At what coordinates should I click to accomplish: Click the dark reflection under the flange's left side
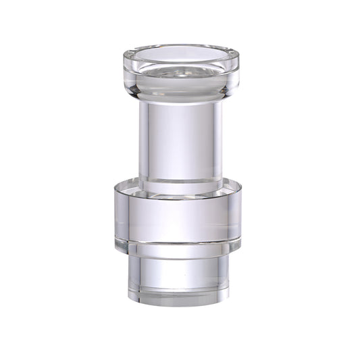[x=135, y=88]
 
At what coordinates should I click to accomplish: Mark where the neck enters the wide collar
[x=180, y=182]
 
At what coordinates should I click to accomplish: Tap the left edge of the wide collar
[x=115, y=216]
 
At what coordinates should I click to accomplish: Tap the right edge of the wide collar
[x=240, y=216]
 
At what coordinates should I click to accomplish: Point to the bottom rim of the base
[x=180, y=302]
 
